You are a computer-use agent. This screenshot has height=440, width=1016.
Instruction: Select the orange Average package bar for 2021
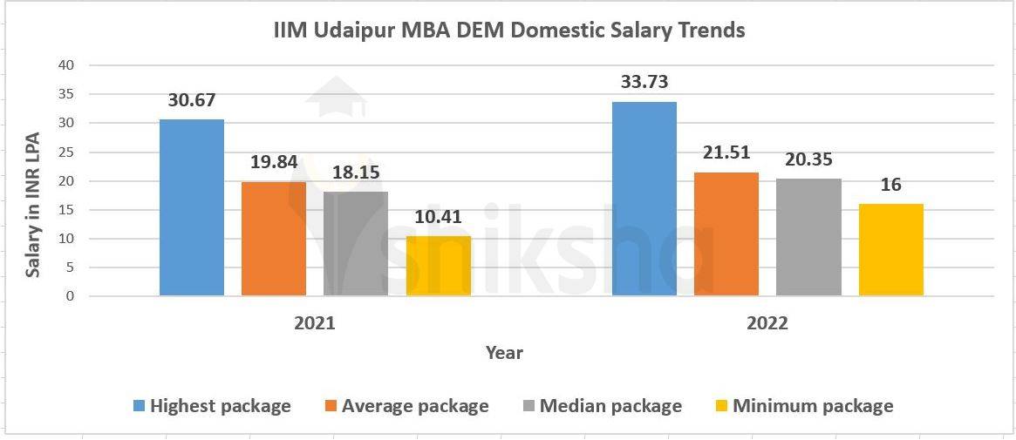tap(274, 239)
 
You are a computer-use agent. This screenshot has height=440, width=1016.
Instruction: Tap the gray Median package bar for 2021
tap(356, 244)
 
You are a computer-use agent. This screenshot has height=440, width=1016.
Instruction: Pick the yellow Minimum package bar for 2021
tap(438, 266)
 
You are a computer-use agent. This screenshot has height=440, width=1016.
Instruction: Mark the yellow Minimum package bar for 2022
tap(890, 250)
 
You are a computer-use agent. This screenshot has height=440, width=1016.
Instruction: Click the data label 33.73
tap(644, 82)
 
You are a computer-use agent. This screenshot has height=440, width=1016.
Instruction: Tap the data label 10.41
tap(438, 217)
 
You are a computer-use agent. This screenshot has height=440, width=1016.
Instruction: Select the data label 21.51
tap(726, 153)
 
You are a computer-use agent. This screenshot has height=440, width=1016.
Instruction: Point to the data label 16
tap(890, 185)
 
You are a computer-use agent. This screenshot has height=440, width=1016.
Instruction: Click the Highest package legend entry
tap(220, 406)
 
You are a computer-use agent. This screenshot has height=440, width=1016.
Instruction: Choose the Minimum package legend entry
tap(812, 406)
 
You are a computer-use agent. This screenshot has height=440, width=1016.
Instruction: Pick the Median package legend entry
tap(610, 406)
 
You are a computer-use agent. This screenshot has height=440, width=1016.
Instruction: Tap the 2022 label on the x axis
tap(767, 323)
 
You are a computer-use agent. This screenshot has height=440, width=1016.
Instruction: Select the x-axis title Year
tap(504, 353)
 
